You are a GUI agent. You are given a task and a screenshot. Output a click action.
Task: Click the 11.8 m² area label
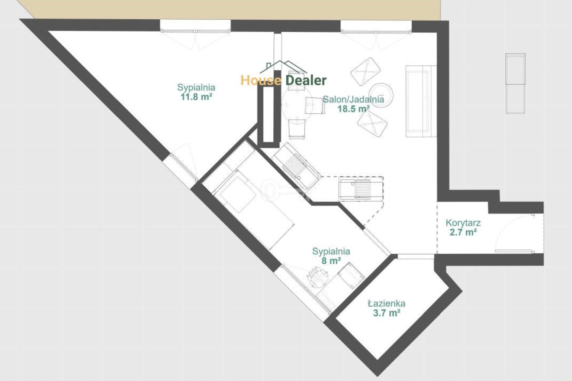(x=196, y=97)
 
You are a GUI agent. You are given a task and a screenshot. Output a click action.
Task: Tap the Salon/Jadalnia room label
(x=354, y=99)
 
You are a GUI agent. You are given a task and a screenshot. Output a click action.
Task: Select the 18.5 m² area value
(x=354, y=109)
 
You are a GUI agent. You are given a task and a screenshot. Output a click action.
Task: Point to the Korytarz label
(x=463, y=223)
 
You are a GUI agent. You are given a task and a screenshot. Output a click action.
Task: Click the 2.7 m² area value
(x=463, y=232)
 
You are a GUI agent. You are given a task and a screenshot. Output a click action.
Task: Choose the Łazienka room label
(x=387, y=303)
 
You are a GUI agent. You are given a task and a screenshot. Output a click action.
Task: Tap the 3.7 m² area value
(x=387, y=313)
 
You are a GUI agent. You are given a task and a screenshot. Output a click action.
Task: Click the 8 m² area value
(x=331, y=261)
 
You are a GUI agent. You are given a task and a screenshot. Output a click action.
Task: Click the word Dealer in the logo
(x=306, y=80)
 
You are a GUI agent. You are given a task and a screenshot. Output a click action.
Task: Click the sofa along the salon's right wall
(x=421, y=101)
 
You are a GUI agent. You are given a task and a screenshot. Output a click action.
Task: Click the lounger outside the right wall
(x=516, y=83)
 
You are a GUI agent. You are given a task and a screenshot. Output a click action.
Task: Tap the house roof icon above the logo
(x=283, y=67)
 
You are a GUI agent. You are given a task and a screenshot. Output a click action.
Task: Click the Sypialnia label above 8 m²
(x=331, y=251)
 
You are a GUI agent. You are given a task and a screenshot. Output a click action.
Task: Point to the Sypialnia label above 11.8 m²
(x=196, y=87)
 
